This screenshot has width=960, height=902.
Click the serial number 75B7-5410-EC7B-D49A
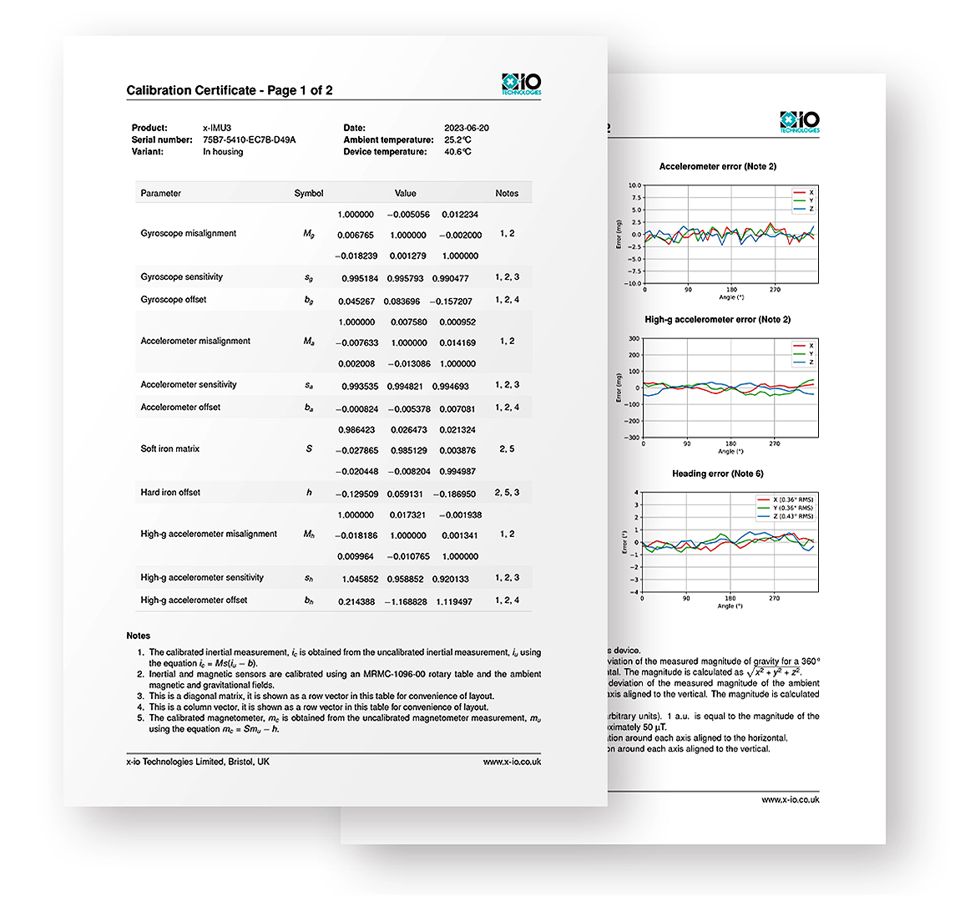tap(249, 139)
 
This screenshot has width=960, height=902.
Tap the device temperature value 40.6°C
tap(457, 152)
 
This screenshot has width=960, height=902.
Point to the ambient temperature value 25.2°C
tap(457, 139)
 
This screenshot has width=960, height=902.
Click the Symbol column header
tap(308, 193)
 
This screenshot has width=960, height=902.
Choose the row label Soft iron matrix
tap(169, 448)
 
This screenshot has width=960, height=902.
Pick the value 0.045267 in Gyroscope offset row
tap(356, 301)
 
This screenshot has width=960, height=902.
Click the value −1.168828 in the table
tap(405, 601)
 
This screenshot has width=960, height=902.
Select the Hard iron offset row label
tap(170, 492)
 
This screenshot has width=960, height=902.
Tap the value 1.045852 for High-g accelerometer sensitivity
tap(360, 579)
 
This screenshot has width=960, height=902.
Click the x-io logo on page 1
tap(521, 84)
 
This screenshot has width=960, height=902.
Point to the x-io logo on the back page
tap(799, 122)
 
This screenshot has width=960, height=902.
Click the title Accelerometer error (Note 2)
tap(718, 166)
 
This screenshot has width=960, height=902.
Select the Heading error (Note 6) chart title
tap(718, 474)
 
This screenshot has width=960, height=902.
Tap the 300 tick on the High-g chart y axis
tap(634, 339)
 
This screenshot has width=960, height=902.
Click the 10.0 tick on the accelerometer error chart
tap(634, 185)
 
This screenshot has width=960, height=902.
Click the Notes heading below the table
tap(139, 636)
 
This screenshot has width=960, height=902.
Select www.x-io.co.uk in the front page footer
tap(512, 762)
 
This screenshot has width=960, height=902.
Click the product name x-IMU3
tap(217, 128)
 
